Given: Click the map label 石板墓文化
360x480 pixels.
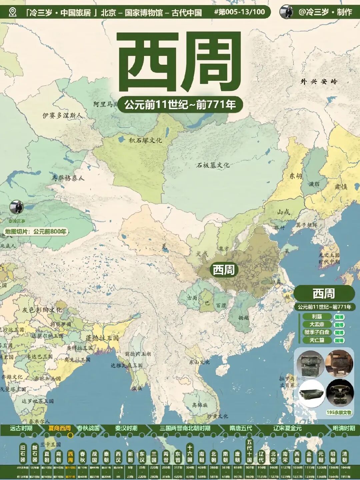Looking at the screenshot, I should click(213, 165).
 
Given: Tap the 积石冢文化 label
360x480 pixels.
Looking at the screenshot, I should click(145, 140).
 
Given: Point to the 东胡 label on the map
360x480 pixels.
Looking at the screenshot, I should click(295, 176).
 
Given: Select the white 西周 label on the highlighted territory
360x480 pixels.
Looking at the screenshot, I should click(224, 270).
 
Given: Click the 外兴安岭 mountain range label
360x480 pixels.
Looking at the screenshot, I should click(319, 81).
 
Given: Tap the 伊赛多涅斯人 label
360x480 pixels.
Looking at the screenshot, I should click(62, 115).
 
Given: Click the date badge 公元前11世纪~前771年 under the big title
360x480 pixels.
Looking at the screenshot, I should click(180, 105).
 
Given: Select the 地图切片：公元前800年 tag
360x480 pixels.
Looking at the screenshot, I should click(36, 231).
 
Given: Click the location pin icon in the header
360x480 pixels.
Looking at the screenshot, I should click(13, 12).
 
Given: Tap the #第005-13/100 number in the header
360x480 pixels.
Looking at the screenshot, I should click(240, 12).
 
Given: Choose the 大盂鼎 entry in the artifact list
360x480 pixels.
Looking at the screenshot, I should click(317, 325).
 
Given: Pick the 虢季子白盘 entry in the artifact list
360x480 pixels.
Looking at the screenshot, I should click(317, 332).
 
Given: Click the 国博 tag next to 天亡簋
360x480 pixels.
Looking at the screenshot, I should click(339, 340).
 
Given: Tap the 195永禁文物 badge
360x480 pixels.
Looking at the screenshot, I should click(339, 413).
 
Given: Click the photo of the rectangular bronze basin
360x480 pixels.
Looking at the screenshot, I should click(311, 394).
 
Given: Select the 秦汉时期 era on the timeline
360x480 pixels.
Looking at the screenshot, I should click(126, 428).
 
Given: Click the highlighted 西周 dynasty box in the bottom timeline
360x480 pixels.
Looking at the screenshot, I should click(70, 456).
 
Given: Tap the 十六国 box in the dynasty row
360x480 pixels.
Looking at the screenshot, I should click(190, 454).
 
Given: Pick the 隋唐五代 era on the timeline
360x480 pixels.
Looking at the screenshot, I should click(241, 428).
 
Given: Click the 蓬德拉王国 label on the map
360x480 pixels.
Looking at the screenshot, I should click(102, 338).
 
